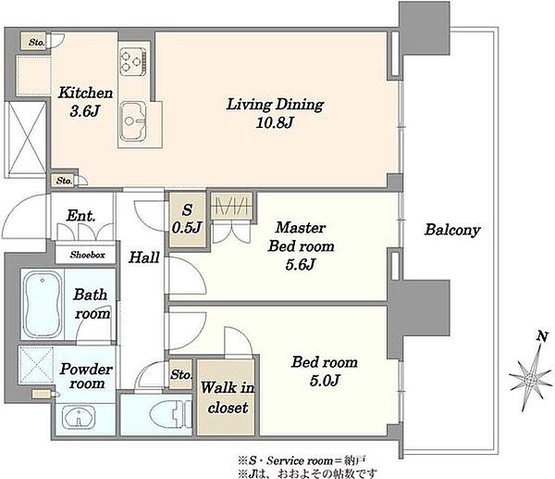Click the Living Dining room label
point(275,105)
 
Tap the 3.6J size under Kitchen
point(84,111)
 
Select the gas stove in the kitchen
point(133,61)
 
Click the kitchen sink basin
point(133,121)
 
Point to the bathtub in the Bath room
point(43,304)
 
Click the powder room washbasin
point(79,417)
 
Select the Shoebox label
point(87,255)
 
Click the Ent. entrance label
point(81,216)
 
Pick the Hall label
point(143,258)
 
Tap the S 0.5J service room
point(187,220)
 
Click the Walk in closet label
point(228,397)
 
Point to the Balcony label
point(452,230)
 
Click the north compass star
point(531,379)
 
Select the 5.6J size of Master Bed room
point(300,264)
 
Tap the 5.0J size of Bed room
point(325,381)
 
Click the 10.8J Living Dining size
point(275,123)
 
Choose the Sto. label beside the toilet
point(181,374)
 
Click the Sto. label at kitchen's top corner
point(36,43)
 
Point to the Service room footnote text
point(302,460)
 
